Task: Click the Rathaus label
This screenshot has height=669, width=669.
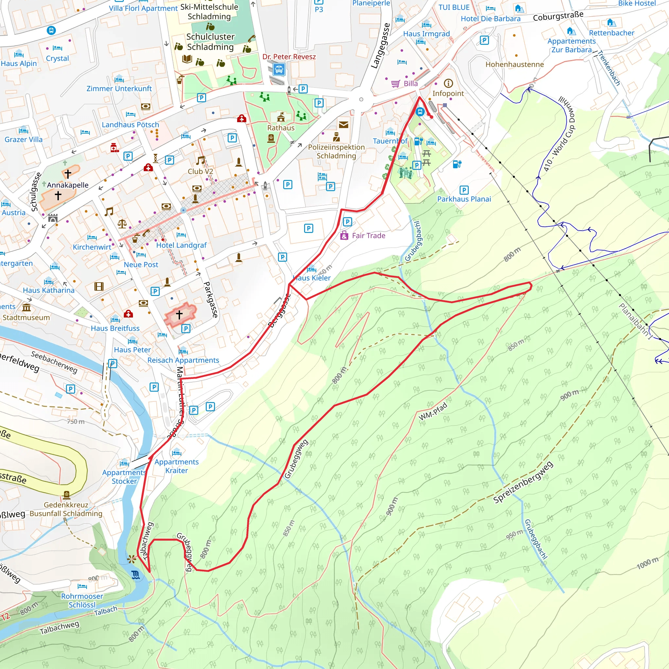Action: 281,128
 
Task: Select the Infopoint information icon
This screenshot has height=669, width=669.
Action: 448,83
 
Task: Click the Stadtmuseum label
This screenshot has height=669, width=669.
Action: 26,318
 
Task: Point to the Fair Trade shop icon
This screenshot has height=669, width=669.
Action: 344,236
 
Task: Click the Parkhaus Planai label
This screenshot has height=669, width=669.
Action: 464,199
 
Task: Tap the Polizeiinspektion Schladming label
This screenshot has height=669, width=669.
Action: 336,151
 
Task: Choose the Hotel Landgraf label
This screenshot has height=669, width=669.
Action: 181,245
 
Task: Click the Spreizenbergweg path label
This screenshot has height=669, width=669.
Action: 523,482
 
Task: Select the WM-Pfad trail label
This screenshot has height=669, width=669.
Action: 433,411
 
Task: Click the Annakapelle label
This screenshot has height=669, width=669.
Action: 68,185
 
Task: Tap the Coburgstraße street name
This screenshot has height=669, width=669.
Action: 558,16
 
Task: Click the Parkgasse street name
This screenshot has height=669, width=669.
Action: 211,299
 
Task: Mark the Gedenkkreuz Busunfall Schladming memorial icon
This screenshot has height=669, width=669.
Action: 67,495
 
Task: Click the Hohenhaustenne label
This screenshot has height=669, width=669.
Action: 514,64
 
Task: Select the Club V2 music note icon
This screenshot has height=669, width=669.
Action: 200,160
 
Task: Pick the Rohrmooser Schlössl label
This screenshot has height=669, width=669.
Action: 82,600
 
